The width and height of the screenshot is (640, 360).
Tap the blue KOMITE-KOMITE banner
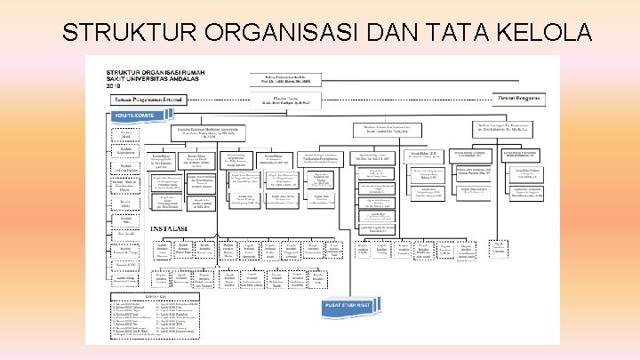133,116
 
